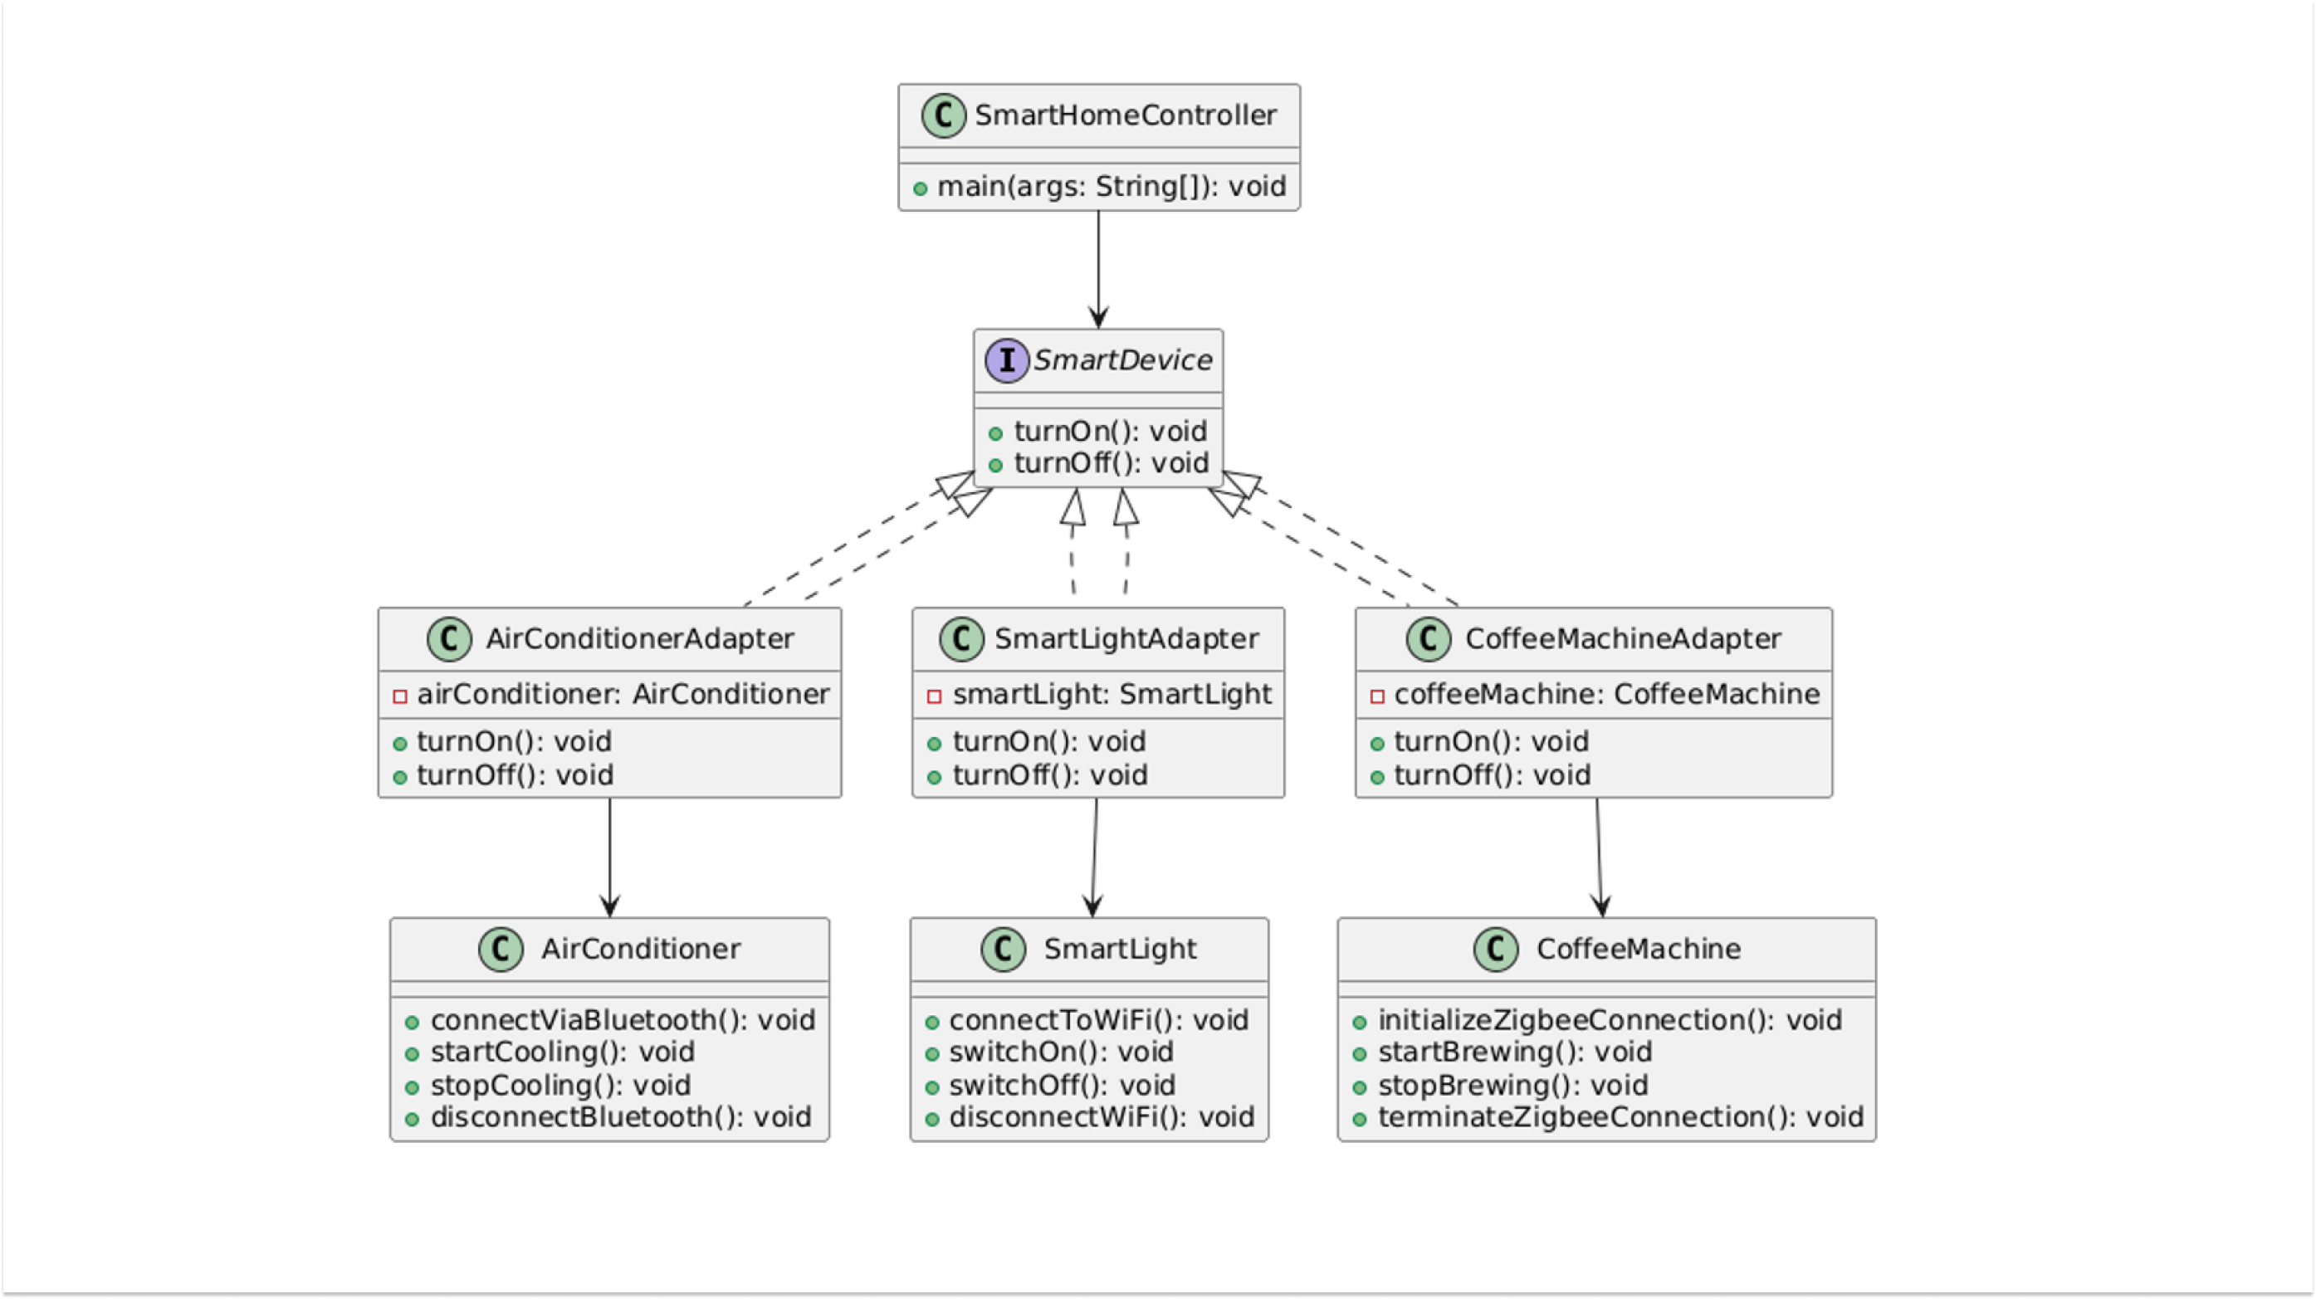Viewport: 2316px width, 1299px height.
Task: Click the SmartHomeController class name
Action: tap(1125, 115)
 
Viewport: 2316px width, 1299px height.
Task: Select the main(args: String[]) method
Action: tap(1112, 186)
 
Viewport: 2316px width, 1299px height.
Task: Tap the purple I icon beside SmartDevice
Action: tap(1006, 360)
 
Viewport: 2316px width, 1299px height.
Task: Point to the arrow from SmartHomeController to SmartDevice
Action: tap(1097, 270)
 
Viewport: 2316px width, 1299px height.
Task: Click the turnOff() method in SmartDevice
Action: tap(1111, 463)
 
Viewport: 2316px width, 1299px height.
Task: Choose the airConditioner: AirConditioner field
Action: tap(622, 694)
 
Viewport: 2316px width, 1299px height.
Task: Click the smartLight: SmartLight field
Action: tap(1112, 694)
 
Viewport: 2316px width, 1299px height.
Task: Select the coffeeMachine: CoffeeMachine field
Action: tap(1605, 694)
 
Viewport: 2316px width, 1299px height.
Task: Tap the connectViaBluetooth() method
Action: tap(622, 1019)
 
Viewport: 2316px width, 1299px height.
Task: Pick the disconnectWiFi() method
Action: tap(1101, 1116)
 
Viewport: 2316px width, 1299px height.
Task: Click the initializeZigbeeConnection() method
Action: tap(1610, 1019)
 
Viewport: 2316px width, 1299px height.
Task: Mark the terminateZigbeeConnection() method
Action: tap(1620, 1116)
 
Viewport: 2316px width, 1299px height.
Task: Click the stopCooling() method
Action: tap(560, 1085)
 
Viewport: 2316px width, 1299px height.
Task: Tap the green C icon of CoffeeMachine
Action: tap(1496, 949)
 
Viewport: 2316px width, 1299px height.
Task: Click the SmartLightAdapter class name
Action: tap(1126, 638)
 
